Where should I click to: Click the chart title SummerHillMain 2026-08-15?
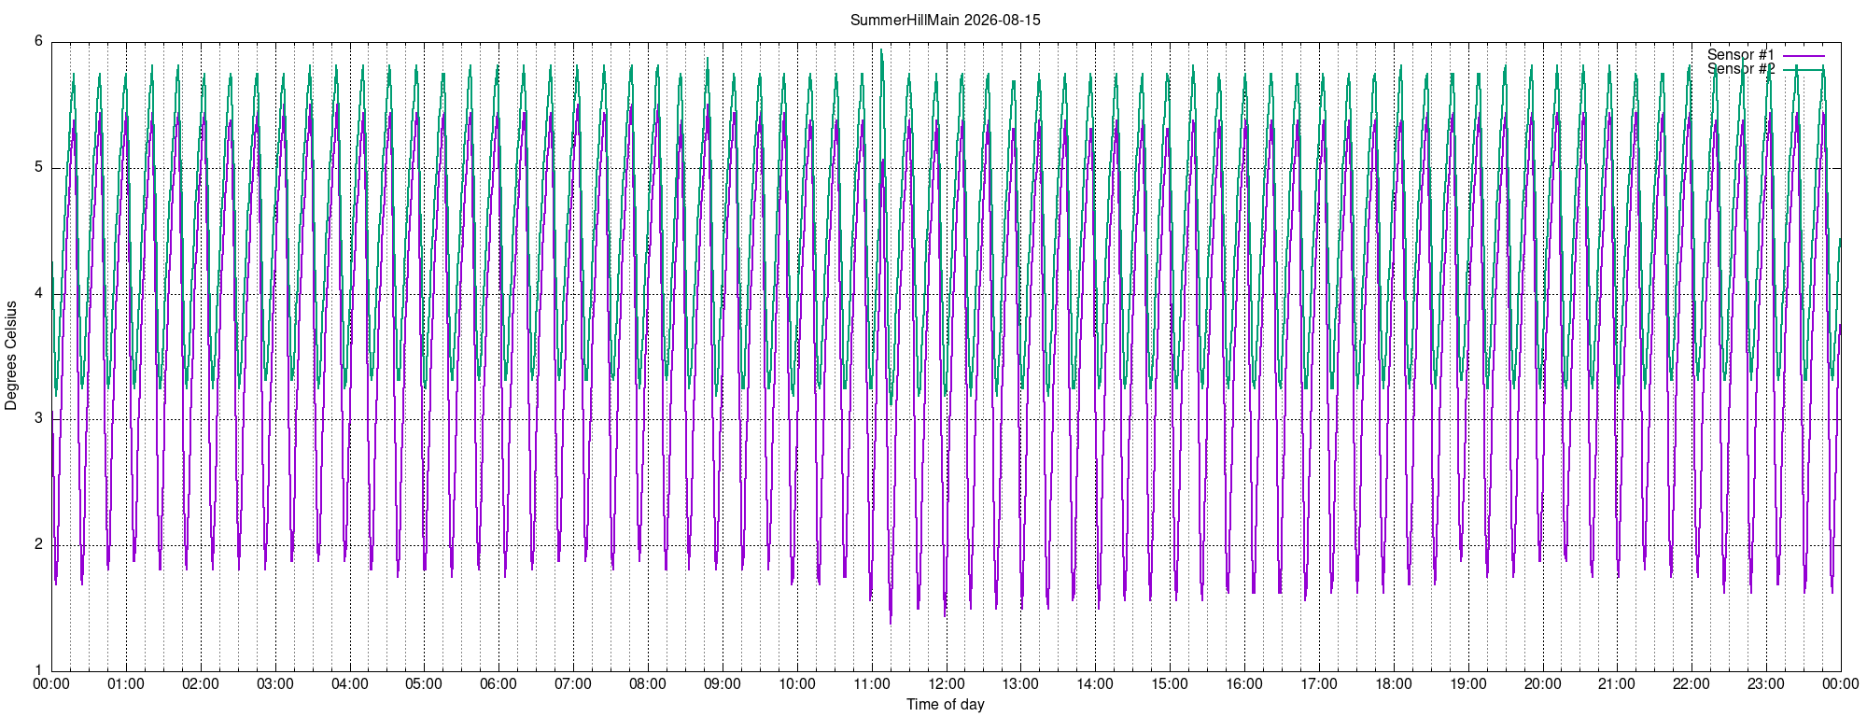(945, 20)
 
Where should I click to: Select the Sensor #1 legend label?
(1741, 54)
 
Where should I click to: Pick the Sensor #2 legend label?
(1741, 69)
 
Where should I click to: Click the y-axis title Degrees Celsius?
(11, 356)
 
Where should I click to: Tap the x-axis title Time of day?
(945, 704)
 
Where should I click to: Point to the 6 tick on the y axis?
(38, 41)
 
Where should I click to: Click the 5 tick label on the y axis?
(38, 168)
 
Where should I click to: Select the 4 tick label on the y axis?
(38, 294)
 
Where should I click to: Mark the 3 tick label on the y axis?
(38, 419)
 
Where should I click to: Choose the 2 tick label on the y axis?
(38, 544)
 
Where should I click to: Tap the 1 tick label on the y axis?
(38, 670)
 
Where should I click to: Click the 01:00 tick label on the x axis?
(126, 683)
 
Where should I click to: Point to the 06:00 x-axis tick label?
(498, 683)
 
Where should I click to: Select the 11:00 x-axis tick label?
(871, 683)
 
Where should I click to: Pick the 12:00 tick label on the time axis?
(946, 683)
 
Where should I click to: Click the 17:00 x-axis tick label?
(1318, 683)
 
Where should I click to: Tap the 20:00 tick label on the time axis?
(1542, 683)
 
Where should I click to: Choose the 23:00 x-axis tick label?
(1766, 683)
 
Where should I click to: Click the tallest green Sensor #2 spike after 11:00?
(881, 50)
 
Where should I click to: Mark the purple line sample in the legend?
(1804, 55)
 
